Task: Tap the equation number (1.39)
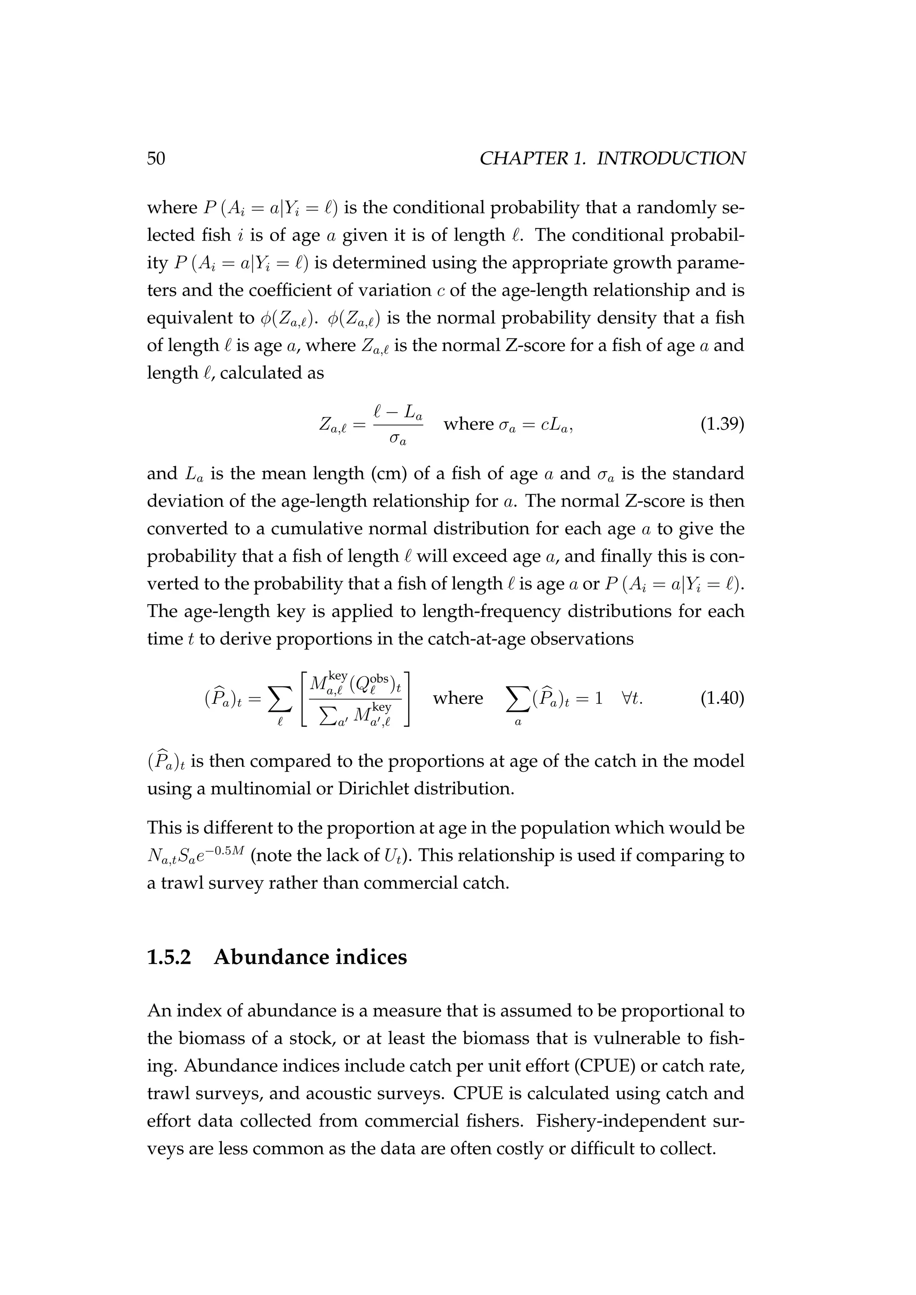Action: point(722,423)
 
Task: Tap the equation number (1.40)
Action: point(722,698)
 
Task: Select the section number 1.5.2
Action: point(169,957)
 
